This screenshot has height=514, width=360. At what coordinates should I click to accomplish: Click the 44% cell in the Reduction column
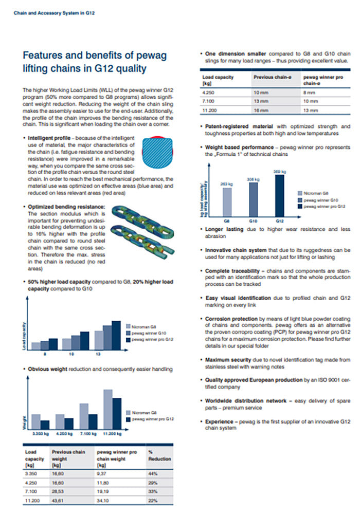[x=152, y=473]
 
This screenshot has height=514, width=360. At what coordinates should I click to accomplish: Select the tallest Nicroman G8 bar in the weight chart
[x=107, y=409]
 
